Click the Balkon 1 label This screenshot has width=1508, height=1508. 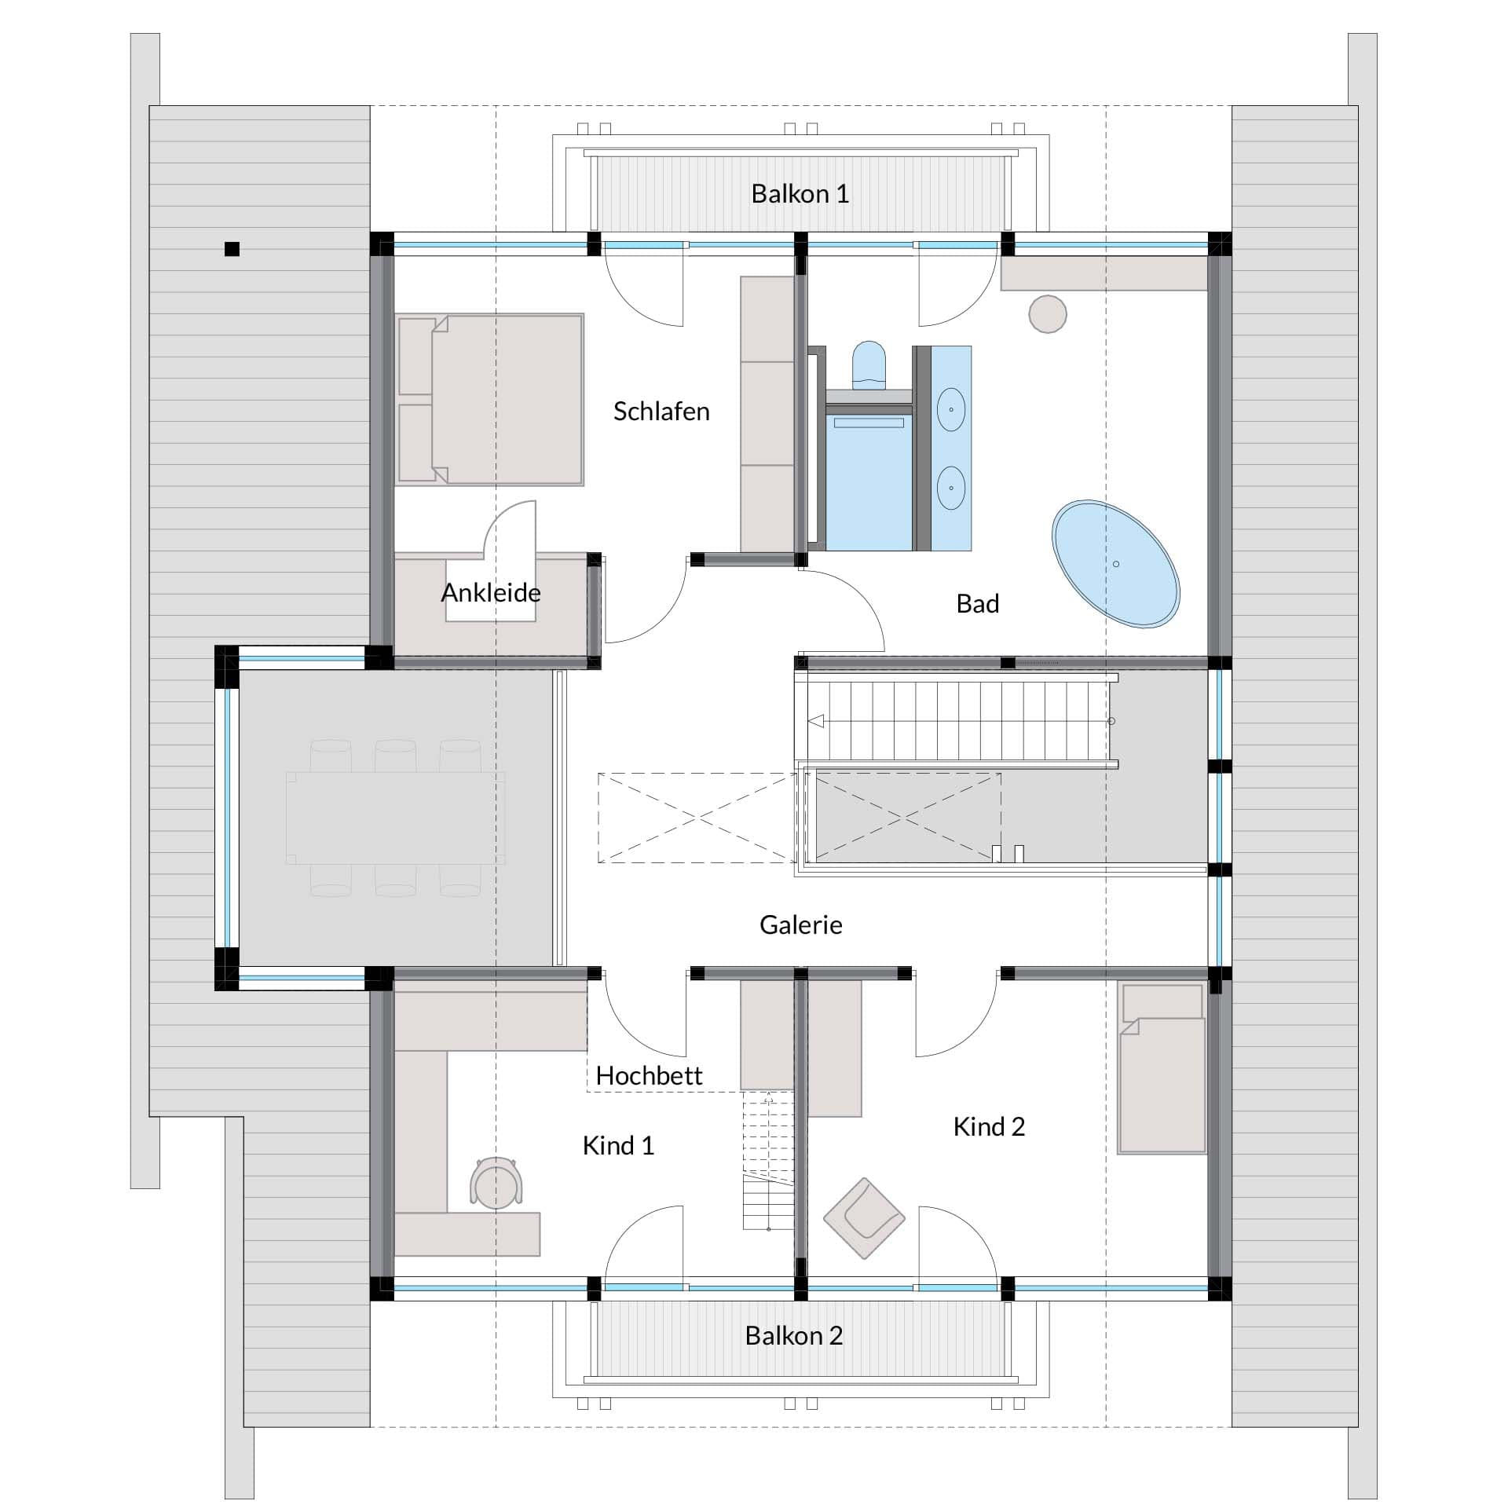pos(800,194)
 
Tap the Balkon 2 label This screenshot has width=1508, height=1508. pos(794,1335)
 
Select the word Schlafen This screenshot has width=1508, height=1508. pos(661,412)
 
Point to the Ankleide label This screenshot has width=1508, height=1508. pos(491,592)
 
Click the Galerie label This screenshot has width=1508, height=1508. pos(801,924)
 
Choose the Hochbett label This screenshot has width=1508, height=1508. pos(649,1075)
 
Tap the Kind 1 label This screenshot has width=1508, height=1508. pos(618,1146)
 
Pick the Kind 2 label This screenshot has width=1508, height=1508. pos(989,1127)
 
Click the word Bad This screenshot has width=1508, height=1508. pos(978,603)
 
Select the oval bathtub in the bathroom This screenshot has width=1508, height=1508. pos(1115,564)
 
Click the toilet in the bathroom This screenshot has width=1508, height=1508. pos(869,366)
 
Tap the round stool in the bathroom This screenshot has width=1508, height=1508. pos(1048,314)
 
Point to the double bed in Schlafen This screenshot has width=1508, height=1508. pos(490,399)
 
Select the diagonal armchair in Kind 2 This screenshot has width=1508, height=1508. pos(864,1218)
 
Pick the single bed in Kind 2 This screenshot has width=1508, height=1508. pos(1162,1067)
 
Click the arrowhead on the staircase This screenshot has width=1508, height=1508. pos(816,721)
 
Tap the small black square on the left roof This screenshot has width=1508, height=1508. pos(232,249)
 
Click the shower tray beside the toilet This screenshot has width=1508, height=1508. pos(869,480)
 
